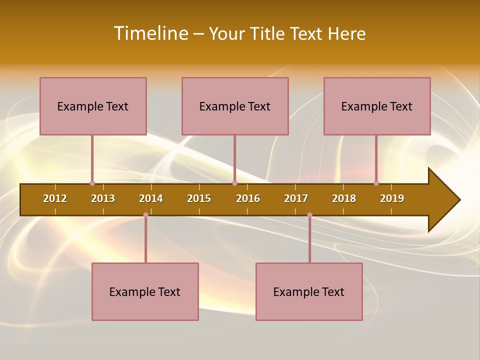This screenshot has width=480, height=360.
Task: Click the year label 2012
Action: click(x=55, y=198)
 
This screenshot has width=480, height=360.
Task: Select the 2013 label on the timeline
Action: click(x=103, y=198)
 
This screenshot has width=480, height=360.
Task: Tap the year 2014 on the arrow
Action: click(x=151, y=198)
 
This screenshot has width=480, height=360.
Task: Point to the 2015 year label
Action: click(x=199, y=198)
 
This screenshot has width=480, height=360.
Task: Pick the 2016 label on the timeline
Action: click(x=248, y=198)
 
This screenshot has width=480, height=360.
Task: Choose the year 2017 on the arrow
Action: click(x=296, y=198)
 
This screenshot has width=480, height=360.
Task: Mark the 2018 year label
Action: click(x=344, y=198)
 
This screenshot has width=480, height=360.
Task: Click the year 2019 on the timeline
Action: click(x=392, y=198)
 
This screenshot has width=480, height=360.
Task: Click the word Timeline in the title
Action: click(x=150, y=33)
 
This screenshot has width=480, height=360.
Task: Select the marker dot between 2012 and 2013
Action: click(x=92, y=183)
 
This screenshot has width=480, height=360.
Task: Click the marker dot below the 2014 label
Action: click(x=145, y=214)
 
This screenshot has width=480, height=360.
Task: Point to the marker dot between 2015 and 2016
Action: click(x=234, y=183)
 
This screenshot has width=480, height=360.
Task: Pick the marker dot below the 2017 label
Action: click(x=309, y=214)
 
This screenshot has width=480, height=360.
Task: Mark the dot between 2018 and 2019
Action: click(x=376, y=183)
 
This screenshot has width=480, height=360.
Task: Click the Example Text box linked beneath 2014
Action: click(x=145, y=291)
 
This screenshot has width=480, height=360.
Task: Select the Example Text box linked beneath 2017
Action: click(x=309, y=291)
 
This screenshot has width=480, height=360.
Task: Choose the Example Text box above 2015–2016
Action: click(x=235, y=106)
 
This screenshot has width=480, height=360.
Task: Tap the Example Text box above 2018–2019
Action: click(x=377, y=106)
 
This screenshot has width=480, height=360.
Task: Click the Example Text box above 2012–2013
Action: click(x=93, y=106)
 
